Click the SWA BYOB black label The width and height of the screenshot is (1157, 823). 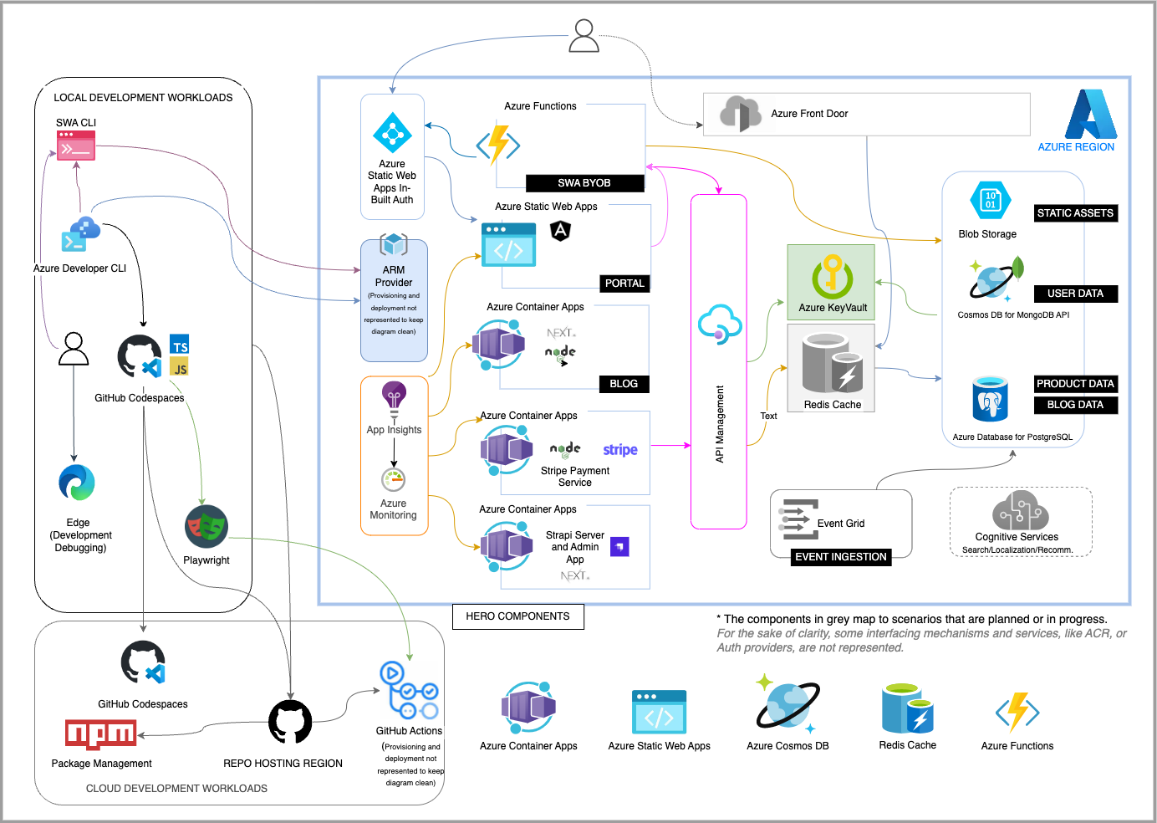pos(584,183)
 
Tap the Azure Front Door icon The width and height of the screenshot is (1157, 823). pos(740,114)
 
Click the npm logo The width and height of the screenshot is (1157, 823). pos(100,734)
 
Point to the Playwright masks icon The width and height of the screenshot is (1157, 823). pos(206,526)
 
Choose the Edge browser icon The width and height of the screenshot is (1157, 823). pos(77,483)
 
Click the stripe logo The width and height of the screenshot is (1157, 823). pos(619,449)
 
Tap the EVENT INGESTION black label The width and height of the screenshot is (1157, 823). pos(841,557)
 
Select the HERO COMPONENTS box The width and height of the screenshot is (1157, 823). pos(518,616)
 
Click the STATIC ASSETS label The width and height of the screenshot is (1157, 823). pos(1075,212)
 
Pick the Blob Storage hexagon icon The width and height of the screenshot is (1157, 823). pos(990,201)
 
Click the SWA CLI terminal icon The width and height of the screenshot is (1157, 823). pos(76,146)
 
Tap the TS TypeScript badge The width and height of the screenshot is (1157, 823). pos(179,344)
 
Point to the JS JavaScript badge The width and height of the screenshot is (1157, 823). pos(179,366)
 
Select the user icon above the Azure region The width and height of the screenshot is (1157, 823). pos(584,36)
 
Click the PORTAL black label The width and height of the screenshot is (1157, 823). pos(624,284)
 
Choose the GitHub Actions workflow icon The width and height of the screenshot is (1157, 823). pos(409,691)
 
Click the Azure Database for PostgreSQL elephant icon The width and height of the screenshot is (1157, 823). pos(990,398)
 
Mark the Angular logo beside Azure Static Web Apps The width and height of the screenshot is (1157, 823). pos(560,231)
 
